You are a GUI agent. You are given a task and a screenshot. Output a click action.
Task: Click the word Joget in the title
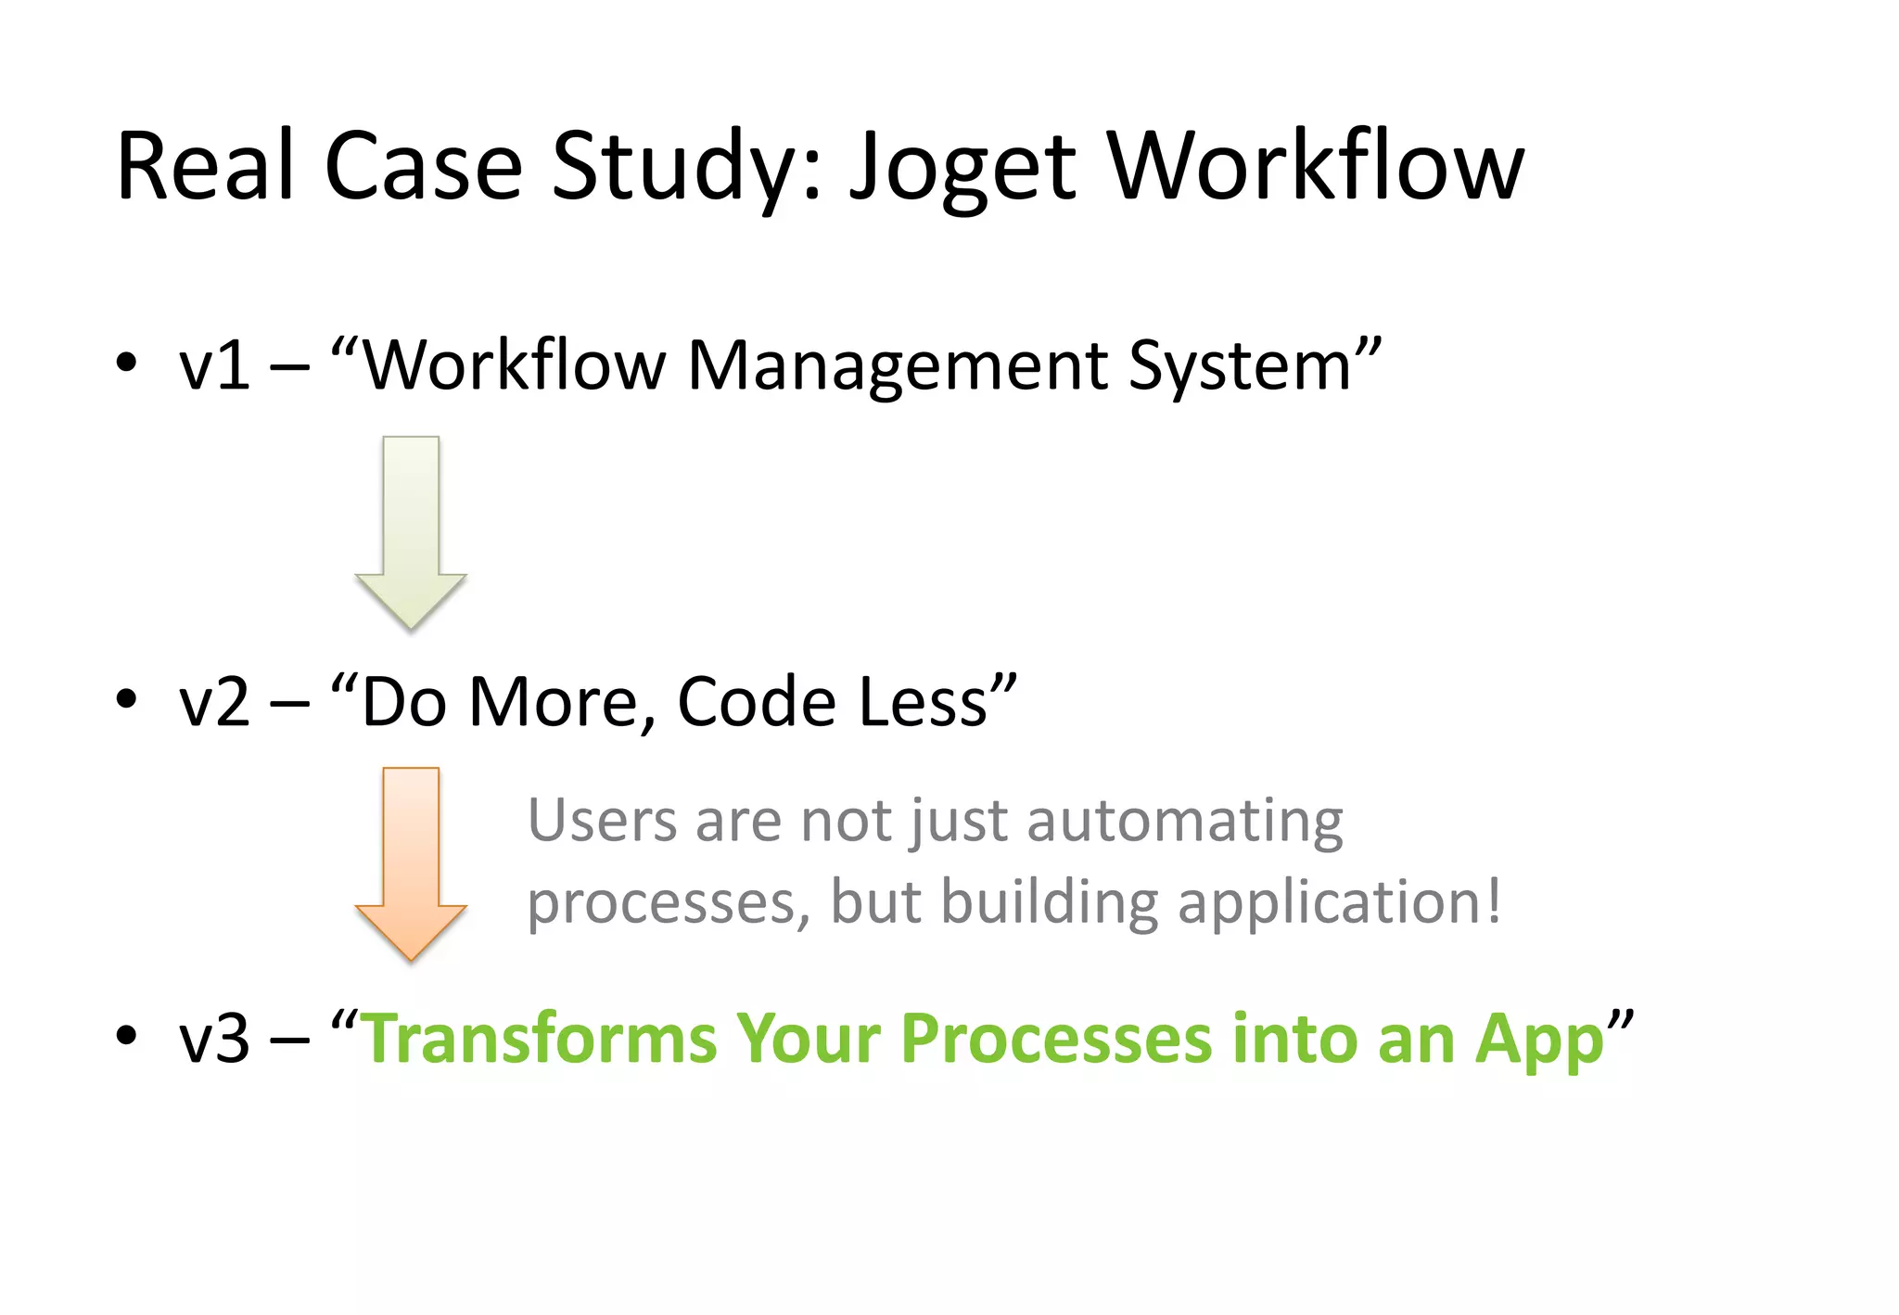[x=962, y=167]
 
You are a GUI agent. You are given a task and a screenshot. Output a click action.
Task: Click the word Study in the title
[x=684, y=167]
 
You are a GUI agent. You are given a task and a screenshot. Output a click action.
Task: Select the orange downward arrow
[x=411, y=862]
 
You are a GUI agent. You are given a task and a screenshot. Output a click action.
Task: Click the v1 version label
[x=214, y=366]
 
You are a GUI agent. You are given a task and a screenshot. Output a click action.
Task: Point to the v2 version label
[x=214, y=702]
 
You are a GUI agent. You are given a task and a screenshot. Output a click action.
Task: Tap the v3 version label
[x=214, y=1039]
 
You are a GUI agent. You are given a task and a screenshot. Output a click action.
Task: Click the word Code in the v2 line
[x=756, y=702]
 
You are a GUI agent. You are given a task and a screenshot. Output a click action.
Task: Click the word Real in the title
[x=205, y=167]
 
